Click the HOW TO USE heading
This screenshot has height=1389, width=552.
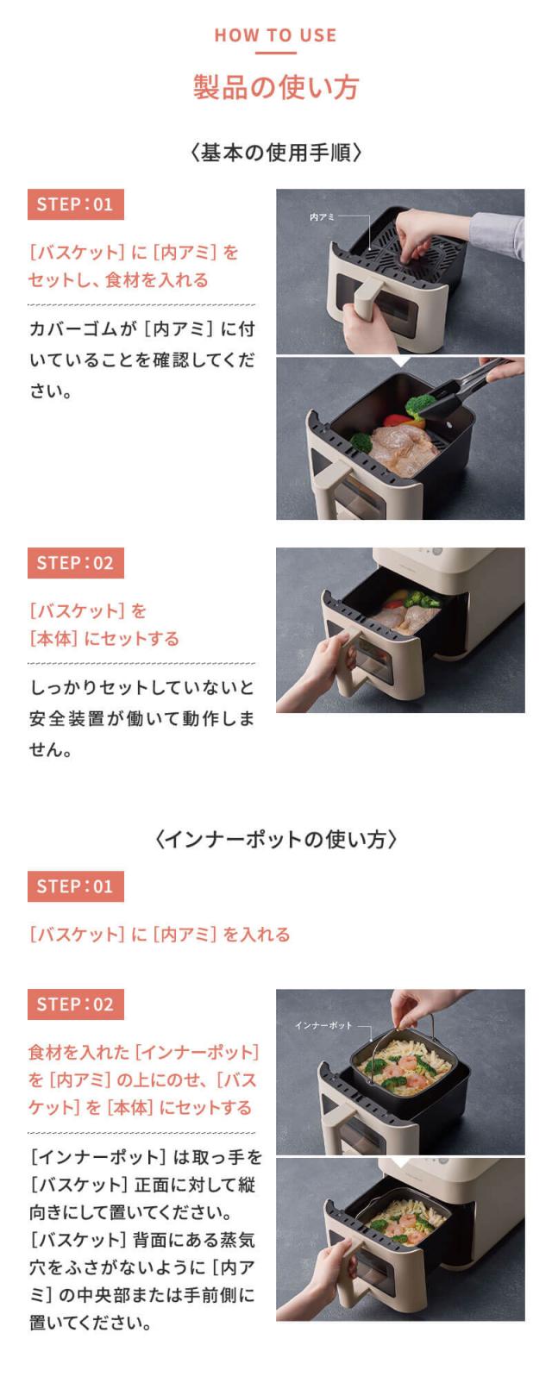pos(275,35)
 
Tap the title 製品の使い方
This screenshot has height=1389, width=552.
pos(275,87)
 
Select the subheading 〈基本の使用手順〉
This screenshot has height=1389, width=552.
pos(275,153)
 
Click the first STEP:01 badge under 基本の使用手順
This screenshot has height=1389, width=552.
pos(75,204)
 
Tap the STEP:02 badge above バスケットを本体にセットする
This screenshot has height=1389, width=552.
pos(75,563)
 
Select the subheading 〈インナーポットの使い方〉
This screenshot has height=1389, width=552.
pos(275,839)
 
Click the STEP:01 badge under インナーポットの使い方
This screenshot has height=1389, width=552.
pos(75,886)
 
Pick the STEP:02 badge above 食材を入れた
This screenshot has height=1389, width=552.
pos(75,1004)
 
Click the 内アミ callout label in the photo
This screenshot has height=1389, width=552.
pos(322,217)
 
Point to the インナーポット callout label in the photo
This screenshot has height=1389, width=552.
pos(323,1025)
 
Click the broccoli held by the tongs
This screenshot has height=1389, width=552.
pos(420,404)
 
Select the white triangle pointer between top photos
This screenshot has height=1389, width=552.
pos(399,361)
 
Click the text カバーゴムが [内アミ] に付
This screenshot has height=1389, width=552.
pos(141,328)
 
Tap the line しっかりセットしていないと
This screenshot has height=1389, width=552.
pos(141,687)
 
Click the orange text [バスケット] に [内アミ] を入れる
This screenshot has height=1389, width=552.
pos(160,935)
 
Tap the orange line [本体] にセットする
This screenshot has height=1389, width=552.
pos(104,639)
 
